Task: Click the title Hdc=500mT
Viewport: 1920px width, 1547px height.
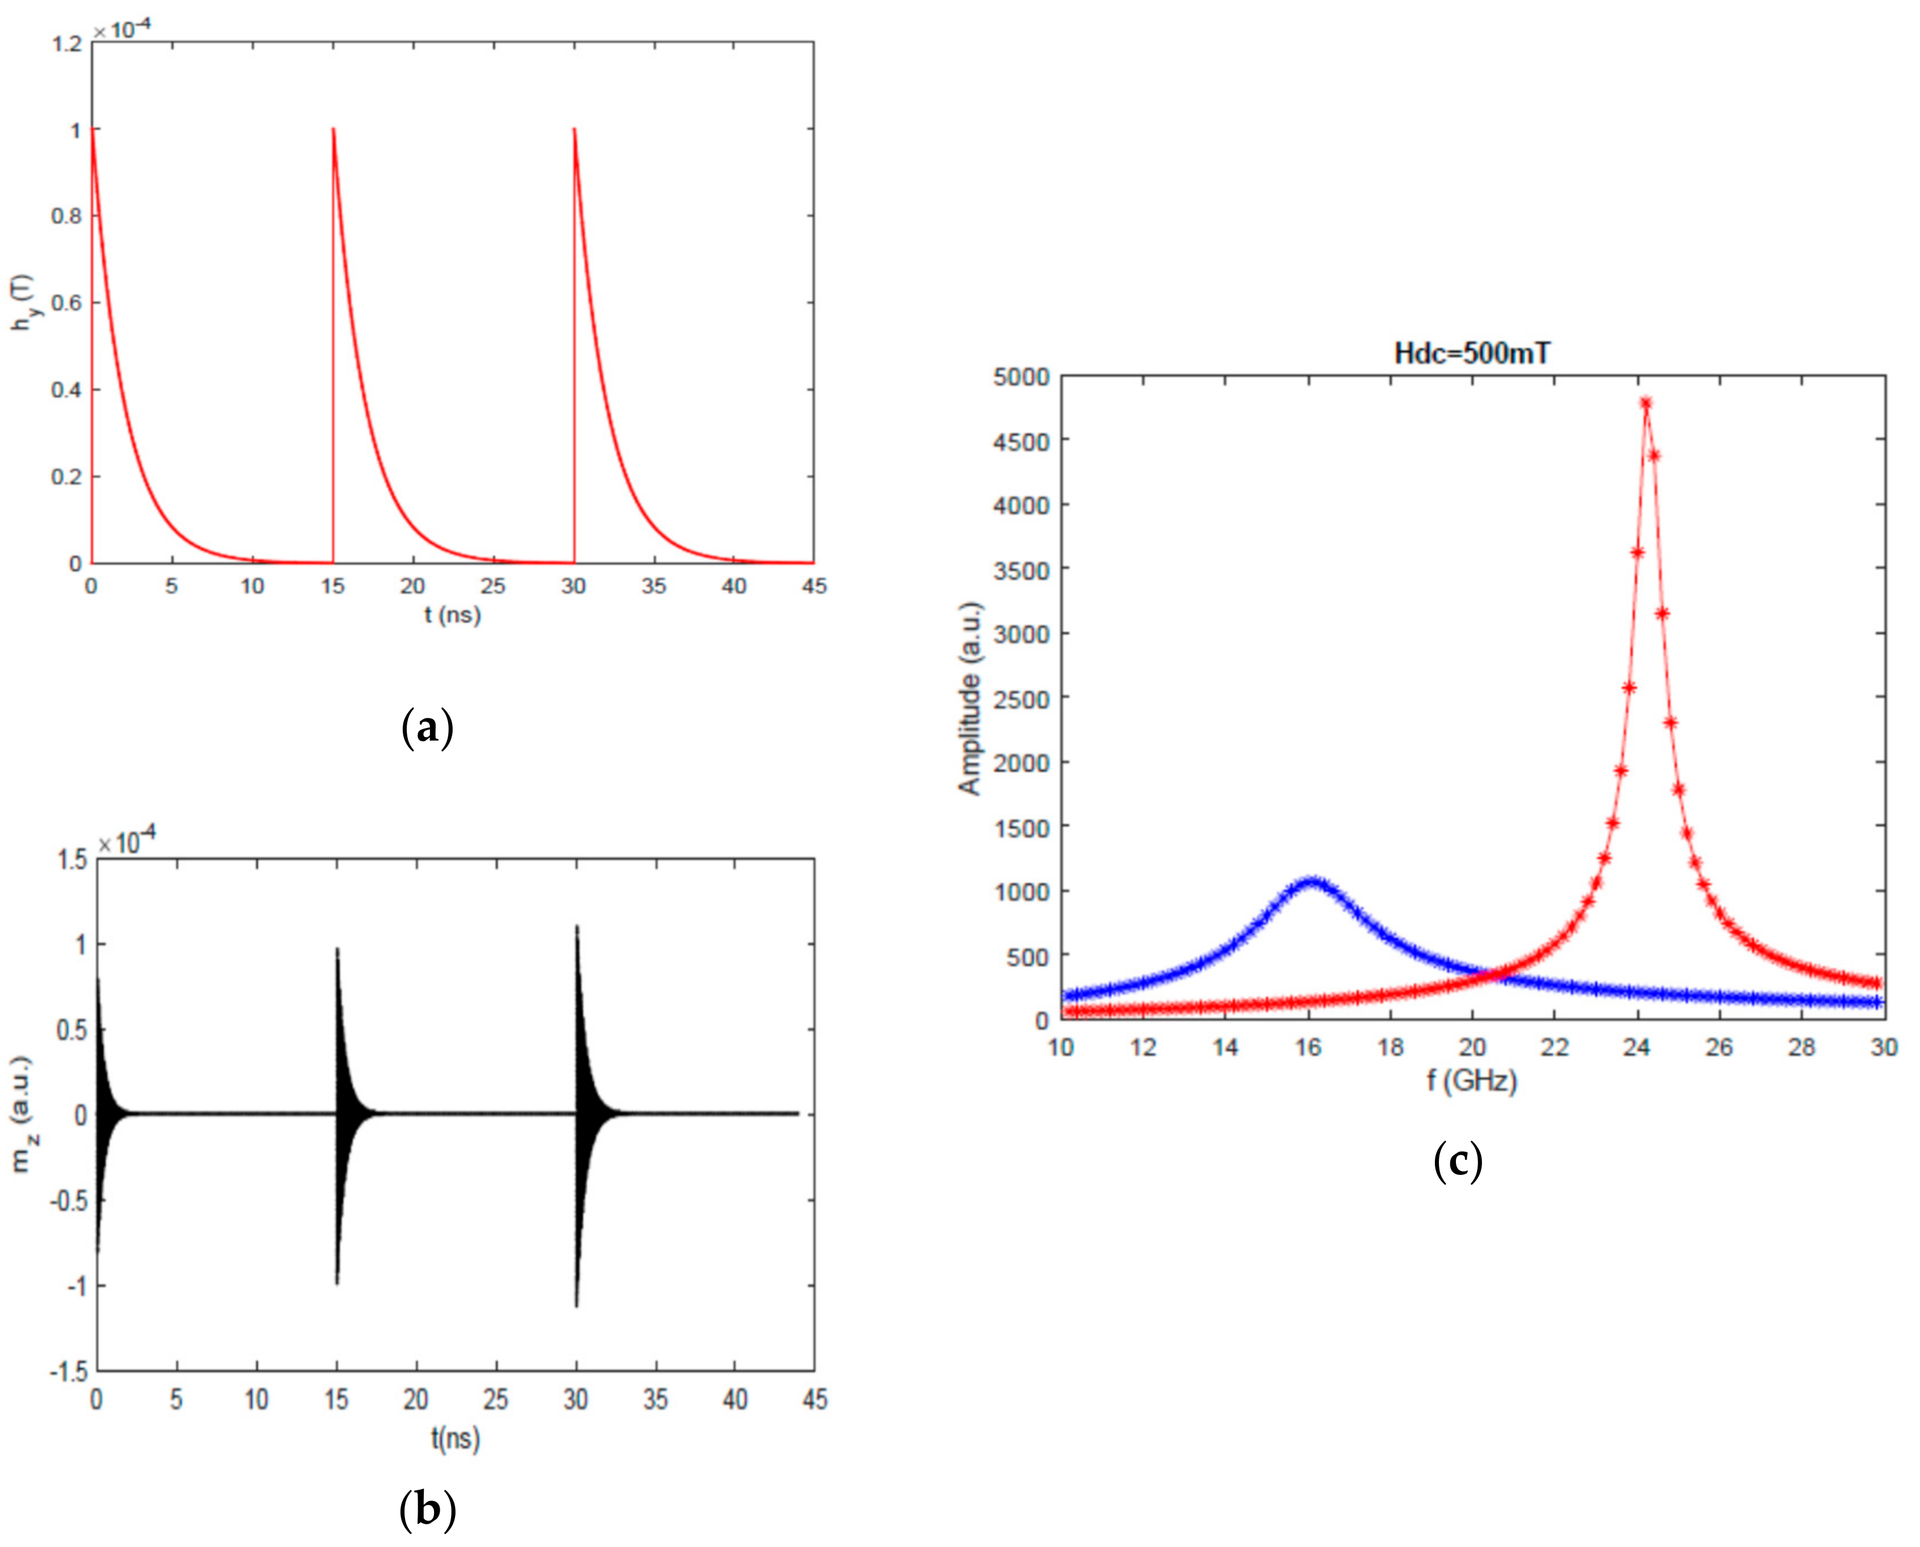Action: pos(1472,354)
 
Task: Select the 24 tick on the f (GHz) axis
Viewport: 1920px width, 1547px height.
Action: pos(1637,1047)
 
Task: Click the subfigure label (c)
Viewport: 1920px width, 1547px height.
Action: pos(1458,1162)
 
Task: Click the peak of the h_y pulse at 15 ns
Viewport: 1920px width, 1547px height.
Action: pos(333,129)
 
